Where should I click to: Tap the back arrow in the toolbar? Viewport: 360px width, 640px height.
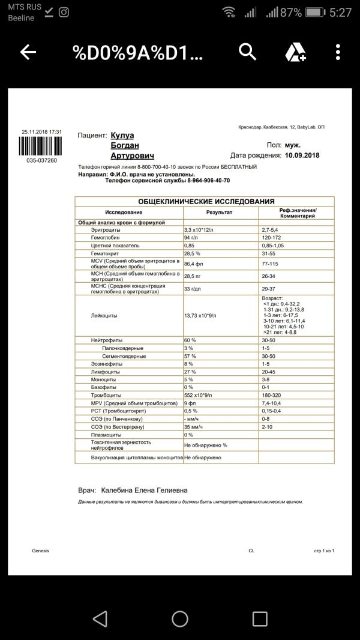28,52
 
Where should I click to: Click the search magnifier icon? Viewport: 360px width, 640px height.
248,52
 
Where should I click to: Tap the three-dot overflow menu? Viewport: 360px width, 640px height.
338,52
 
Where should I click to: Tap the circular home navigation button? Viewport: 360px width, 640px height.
180,618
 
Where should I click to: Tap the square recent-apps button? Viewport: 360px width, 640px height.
260,618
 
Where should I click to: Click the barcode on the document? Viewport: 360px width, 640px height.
40,146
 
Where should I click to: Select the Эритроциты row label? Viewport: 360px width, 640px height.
106,230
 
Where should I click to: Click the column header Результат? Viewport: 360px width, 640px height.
219,213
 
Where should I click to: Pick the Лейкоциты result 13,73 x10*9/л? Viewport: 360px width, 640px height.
200,315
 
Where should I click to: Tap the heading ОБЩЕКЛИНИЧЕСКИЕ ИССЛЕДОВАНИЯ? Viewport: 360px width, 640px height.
206,202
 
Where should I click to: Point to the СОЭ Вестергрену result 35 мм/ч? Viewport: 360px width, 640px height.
194,426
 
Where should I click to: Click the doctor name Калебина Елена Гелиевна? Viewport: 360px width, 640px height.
144,490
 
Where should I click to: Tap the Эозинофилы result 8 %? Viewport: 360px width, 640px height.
189,364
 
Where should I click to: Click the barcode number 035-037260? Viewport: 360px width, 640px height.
40,160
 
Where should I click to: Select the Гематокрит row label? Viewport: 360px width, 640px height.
106,253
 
